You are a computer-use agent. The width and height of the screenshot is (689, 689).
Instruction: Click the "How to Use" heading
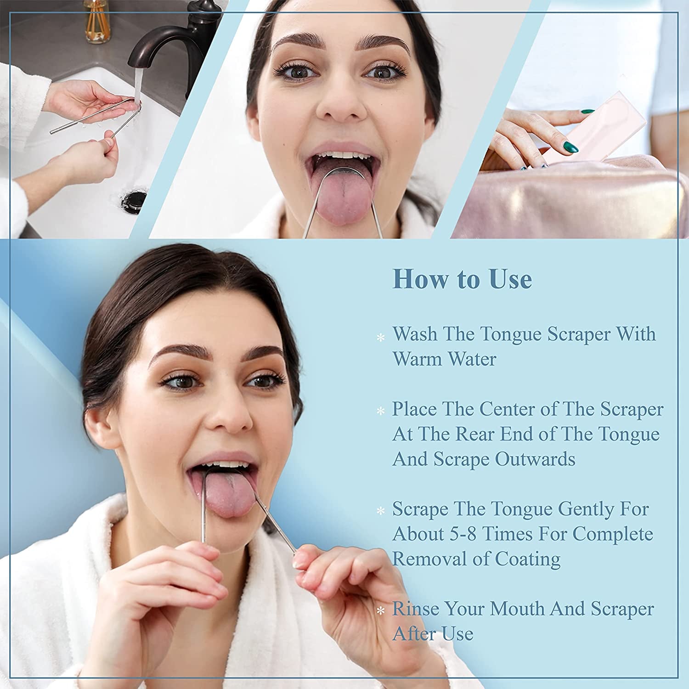click(462, 279)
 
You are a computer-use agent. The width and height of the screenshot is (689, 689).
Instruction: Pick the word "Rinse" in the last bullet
click(415, 609)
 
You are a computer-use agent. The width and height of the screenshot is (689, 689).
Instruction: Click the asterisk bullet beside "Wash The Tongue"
click(380, 338)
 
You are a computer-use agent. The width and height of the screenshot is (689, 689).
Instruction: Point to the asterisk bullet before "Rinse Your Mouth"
click(380, 611)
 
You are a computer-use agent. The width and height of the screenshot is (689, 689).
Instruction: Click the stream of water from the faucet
click(137, 85)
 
